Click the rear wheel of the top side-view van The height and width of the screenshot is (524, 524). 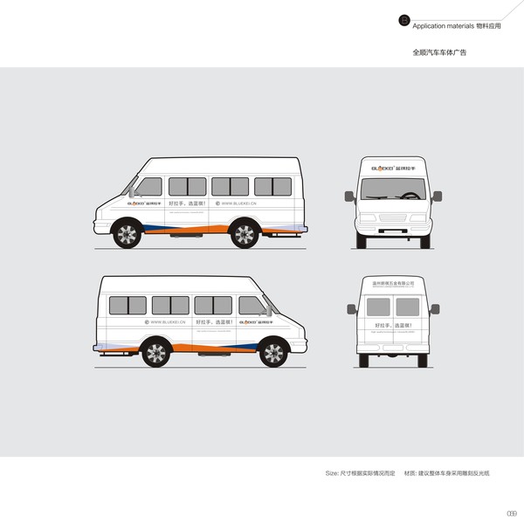(x=245, y=233)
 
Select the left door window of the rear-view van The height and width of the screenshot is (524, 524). (x=378, y=307)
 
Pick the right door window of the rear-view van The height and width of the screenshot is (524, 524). (x=408, y=307)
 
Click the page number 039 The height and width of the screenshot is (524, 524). (x=512, y=513)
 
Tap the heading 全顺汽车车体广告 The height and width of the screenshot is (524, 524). (x=439, y=52)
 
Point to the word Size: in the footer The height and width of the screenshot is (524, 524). (x=333, y=472)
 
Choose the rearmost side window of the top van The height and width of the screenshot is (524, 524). (x=272, y=186)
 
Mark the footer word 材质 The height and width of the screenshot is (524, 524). (x=410, y=472)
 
